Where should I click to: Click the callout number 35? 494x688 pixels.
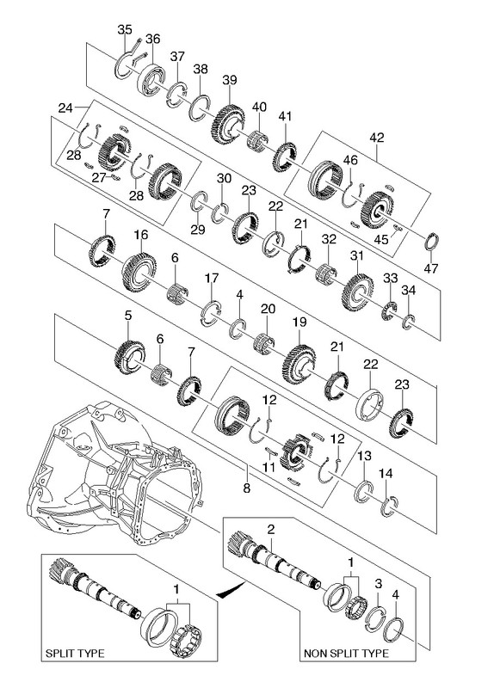[x=125, y=30]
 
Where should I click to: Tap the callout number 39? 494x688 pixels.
[x=229, y=80]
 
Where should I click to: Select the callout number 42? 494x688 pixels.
[x=377, y=138]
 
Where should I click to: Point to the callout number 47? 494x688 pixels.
[x=432, y=268]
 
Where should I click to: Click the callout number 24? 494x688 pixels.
[x=65, y=108]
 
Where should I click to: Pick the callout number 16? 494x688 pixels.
[x=140, y=235]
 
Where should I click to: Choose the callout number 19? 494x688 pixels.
[x=299, y=322]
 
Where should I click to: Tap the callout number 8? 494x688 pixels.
[x=246, y=488]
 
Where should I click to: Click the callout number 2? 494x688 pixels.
[x=271, y=529]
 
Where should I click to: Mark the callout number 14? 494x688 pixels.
[x=386, y=474]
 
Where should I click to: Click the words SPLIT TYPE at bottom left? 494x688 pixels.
[x=75, y=654]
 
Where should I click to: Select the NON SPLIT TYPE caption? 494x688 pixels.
[x=347, y=654]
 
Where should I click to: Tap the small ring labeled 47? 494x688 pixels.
[x=431, y=242]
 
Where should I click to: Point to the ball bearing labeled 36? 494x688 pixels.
[x=151, y=79]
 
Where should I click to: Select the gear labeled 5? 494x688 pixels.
[x=130, y=357]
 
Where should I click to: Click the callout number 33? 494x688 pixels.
[x=390, y=278]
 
